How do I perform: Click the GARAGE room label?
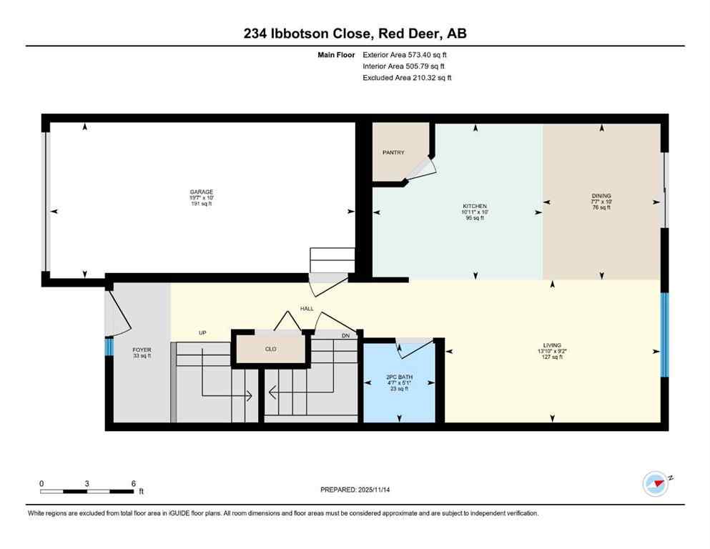pos(201,192)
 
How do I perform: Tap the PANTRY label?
pos(393,152)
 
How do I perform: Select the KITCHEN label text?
pos(474,206)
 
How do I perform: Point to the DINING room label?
pos(601,196)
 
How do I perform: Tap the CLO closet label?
pos(270,350)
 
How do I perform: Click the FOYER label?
pos(142,350)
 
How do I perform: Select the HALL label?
pos(307,309)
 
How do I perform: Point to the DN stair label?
pos(345,335)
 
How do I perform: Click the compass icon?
pos(656,484)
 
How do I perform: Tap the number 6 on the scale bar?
pos(133,483)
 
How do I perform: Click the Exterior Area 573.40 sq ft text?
pos(405,54)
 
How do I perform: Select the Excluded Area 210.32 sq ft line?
pos(407,77)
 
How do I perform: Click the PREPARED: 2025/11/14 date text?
pos(355,490)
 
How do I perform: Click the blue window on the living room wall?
pos(664,335)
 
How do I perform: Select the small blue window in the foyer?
pos(109,347)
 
